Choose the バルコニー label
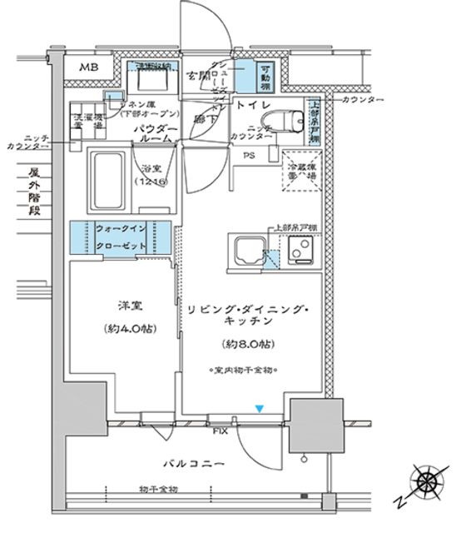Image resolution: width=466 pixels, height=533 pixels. click(x=192, y=463)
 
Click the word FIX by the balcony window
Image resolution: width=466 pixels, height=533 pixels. click(x=219, y=432)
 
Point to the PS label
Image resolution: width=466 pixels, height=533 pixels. click(x=249, y=156)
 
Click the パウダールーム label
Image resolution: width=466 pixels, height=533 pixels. click(x=156, y=133)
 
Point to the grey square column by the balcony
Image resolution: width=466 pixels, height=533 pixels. click(x=315, y=426)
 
